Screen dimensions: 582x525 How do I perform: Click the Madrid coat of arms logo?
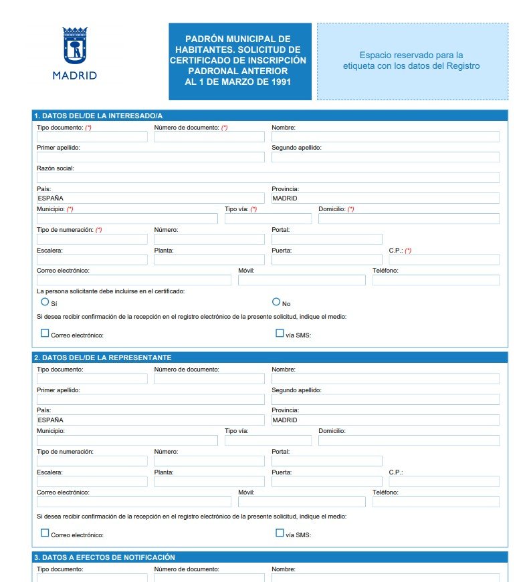(75, 46)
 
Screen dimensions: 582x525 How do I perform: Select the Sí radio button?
(45, 302)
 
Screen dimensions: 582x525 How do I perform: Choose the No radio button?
(276, 302)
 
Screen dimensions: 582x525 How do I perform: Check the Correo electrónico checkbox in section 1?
(45, 333)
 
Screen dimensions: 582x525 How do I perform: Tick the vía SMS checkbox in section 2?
(280, 533)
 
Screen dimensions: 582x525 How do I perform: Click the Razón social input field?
(268, 178)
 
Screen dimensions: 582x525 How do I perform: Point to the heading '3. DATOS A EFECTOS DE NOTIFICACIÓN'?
(104, 557)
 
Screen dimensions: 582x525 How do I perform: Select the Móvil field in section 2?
(302, 502)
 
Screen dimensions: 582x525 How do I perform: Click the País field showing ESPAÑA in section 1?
(150, 198)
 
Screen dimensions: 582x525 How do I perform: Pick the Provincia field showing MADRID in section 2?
(385, 420)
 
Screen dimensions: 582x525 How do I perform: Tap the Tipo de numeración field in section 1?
(92, 239)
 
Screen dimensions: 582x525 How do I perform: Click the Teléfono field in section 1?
(435, 280)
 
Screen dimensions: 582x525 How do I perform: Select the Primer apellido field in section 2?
(150, 400)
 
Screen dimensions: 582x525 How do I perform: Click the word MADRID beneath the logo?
(75, 76)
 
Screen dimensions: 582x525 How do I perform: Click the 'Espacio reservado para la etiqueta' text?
(411, 61)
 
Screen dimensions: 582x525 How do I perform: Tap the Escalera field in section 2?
(92, 482)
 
